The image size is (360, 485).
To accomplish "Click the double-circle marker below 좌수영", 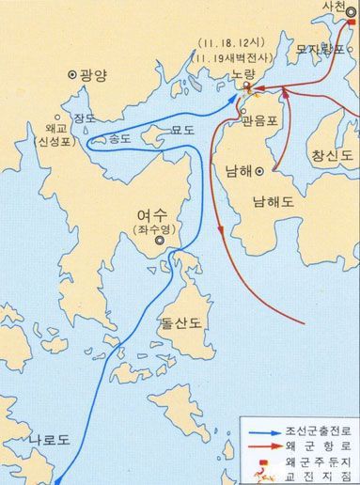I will [161, 241].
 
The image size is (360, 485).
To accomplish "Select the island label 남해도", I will [276, 201].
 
